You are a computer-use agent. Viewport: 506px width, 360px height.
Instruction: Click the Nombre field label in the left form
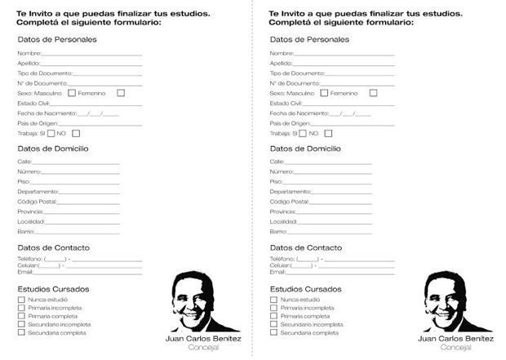tap(29, 53)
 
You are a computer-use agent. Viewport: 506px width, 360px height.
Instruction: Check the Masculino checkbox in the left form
tap(72, 93)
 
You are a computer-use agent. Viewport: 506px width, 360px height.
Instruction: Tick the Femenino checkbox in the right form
tap(373, 93)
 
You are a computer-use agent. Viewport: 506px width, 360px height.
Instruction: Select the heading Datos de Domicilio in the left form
tap(53, 149)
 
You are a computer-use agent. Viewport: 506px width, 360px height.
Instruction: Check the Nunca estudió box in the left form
tap(21, 300)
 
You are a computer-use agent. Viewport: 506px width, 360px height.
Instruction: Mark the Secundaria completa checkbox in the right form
tap(273, 332)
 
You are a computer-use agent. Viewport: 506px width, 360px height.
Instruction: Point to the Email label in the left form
tap(24, 272)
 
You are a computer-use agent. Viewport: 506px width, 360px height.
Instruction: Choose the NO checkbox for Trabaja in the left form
tap(76, 133)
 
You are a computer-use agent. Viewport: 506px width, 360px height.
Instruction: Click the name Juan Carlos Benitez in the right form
tap(455, 338)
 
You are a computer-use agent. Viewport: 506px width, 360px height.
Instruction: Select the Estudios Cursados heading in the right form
tap(305, 289)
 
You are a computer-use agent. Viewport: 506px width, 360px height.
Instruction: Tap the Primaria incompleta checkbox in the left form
tap(21, 308)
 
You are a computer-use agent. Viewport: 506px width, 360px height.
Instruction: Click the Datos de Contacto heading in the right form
tap(305, 247)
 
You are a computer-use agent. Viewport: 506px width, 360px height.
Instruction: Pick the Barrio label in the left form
tap(25, 232)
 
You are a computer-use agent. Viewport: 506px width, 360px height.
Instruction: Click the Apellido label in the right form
tap(281, 63)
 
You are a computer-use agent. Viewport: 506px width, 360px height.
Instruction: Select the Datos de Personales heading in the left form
tap(57, 39)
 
